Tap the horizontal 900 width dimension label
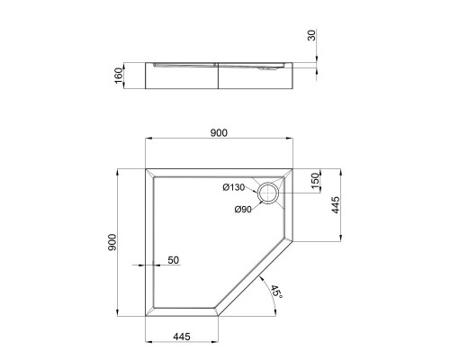pyautogui.click(x=219, y=132)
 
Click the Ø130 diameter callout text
pyautogui.click(x=234, y=187)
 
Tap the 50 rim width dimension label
pyautogui.click(x=174, y=260)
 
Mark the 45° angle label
pyautogui.click(x=276, y=291)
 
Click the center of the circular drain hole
pyautogui.click(x=269, y=192)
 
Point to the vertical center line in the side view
pyautogui.click(x=218, y=76)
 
